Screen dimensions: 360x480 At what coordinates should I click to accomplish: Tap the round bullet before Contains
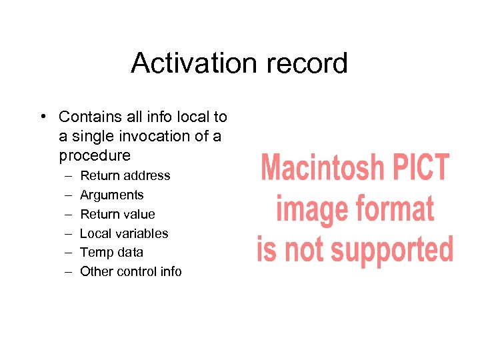[x=43, y=117]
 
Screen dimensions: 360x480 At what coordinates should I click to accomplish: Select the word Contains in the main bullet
[x=88, y=117]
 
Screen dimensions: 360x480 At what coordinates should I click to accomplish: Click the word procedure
[x=95, y=155]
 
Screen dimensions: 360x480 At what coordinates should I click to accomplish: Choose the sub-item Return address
[x=125, y=176]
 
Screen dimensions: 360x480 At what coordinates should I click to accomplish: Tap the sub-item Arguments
[x=111, y=195]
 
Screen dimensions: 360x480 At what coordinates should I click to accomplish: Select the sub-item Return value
[x=117, y=214]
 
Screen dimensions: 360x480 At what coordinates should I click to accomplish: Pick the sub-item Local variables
[x=124, y=233]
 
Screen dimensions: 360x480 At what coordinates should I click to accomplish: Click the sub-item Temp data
[x=111, y=253]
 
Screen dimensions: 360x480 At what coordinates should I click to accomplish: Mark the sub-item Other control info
[x=131, y=271]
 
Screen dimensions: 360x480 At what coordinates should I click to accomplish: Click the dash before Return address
[x=70, y=176]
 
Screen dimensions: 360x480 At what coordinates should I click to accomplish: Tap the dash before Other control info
[x=70, y=271]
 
